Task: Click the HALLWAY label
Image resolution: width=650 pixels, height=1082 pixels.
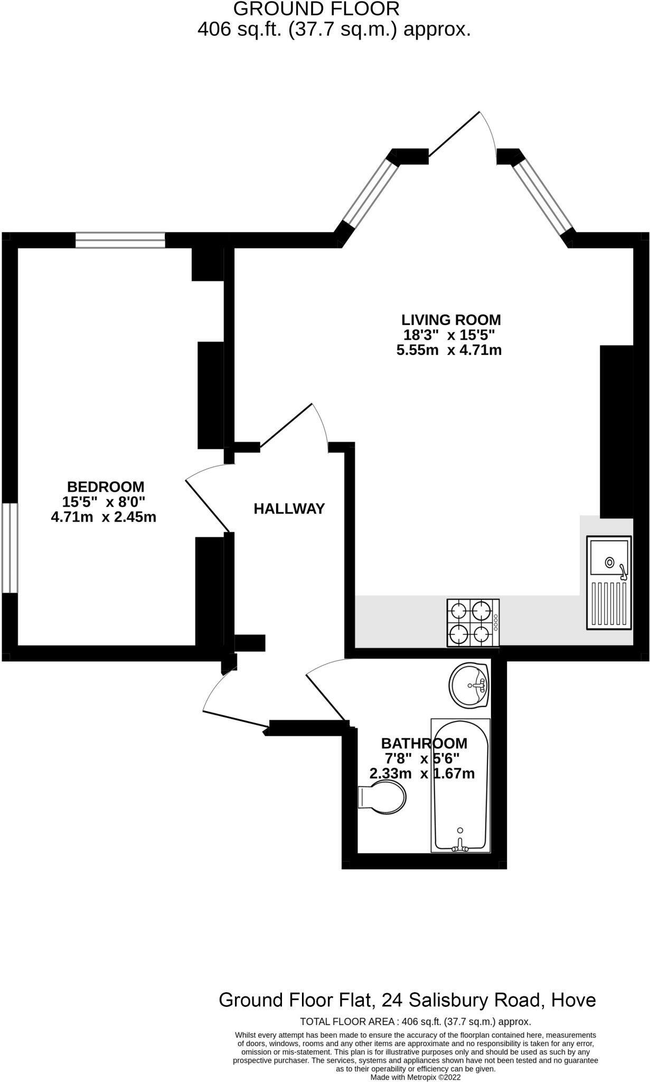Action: pyautogui.click(x=289, y=509)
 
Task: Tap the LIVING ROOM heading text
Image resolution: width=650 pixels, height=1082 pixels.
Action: pyautogui.click(x=451, y=320)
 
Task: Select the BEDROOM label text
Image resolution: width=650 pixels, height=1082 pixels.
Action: pyautogui.click(x=106, y=487)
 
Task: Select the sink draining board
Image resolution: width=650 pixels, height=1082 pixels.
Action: pyautogui.click(x=608, y=603)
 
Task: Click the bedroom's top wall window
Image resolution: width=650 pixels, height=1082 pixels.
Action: pyautogui.click(x=120, y=240)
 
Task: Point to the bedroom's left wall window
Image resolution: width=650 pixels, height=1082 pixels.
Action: pyautogui.click(x=10, y=548)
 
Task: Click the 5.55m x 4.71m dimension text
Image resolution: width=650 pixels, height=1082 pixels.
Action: pyautogui.click(x=449, y=350)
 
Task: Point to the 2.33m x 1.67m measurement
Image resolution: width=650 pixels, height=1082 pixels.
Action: pyautogui.click(x=422, y=774)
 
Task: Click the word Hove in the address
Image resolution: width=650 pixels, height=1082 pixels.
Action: pyautogui.click(x=573, y=1000)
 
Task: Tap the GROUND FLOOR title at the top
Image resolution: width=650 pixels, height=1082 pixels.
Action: pyautogui.click(x=316, y=9)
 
